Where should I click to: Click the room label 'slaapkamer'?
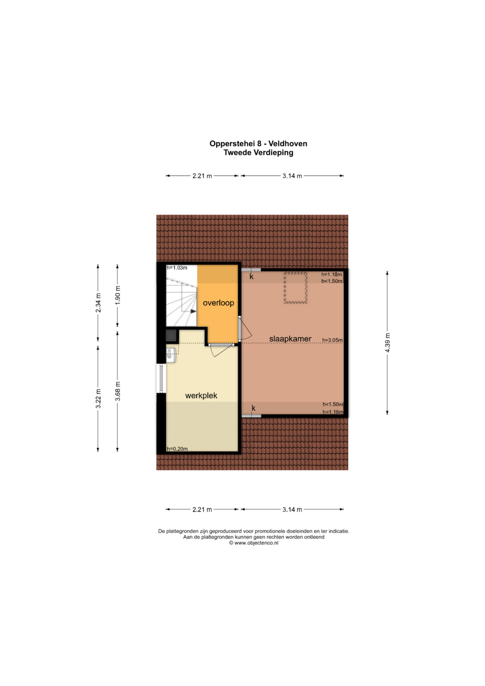point(290,339)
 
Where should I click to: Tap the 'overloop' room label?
point(218,303)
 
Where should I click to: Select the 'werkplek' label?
point(201,395)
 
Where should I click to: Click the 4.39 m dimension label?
point(387,342)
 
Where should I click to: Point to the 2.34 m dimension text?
point(98,303)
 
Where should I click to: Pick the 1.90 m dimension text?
point(118,295)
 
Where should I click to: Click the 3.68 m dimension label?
point(118,391)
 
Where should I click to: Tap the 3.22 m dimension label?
point(98,398)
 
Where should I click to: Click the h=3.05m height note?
point(332,340)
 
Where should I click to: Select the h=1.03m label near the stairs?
point(176,268)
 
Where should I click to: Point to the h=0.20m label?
point(177,449)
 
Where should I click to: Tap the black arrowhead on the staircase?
point(194,311)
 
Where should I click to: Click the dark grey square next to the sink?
point(171,335)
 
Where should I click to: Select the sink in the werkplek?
point(171,355)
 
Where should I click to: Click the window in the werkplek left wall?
point(161,379)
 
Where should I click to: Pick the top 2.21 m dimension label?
point(202,176)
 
